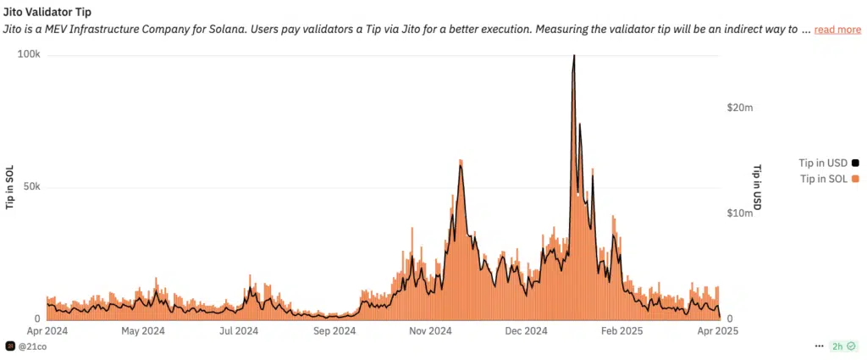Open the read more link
[x=837, y=30]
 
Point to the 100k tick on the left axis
[x=30, y=55]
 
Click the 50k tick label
[x=31, y=186]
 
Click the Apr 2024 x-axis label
[x=47, y=331]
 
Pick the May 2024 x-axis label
[x=143, y=331]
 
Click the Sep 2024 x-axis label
[x=334, y=331]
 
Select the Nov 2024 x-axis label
[x=429, y=331]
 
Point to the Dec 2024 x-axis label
[x=525, y=331]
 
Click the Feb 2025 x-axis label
[x=620, y=331]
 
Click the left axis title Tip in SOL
[x=10, y=186]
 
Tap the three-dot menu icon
[x=819, y=346]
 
